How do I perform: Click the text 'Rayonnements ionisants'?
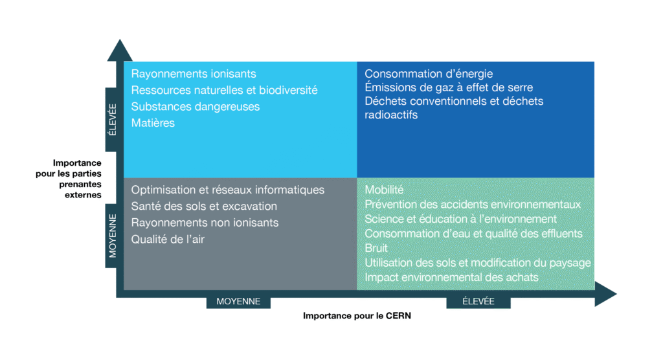click(194, 74)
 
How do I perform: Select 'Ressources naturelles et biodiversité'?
click(224, 90)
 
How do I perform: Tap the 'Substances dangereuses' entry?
click(196, 107)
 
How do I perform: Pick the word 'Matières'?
click(153, 122)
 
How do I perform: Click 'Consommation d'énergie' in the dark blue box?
click(429, 74)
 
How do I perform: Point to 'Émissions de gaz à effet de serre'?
click(449, 87)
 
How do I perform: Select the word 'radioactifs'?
click(391, 115)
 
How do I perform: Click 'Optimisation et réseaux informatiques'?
click(227, 190)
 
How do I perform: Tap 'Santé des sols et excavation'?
click(204, 206)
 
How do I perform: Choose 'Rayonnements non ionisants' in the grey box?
click(205, 223)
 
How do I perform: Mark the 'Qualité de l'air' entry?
click(168, 240)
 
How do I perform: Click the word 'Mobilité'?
click(384, 190)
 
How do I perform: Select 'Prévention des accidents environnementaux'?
click(473, 205)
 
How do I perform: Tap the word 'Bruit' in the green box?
click(376, 248)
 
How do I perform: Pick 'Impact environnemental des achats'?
click(451, 277)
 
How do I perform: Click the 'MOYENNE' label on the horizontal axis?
click(238, 301)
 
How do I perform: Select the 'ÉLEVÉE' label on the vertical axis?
click(112, 120)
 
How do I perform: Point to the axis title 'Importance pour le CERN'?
click(357, 315)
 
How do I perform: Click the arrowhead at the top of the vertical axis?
click(120, 51)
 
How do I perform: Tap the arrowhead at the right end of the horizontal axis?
click(605, 293)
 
